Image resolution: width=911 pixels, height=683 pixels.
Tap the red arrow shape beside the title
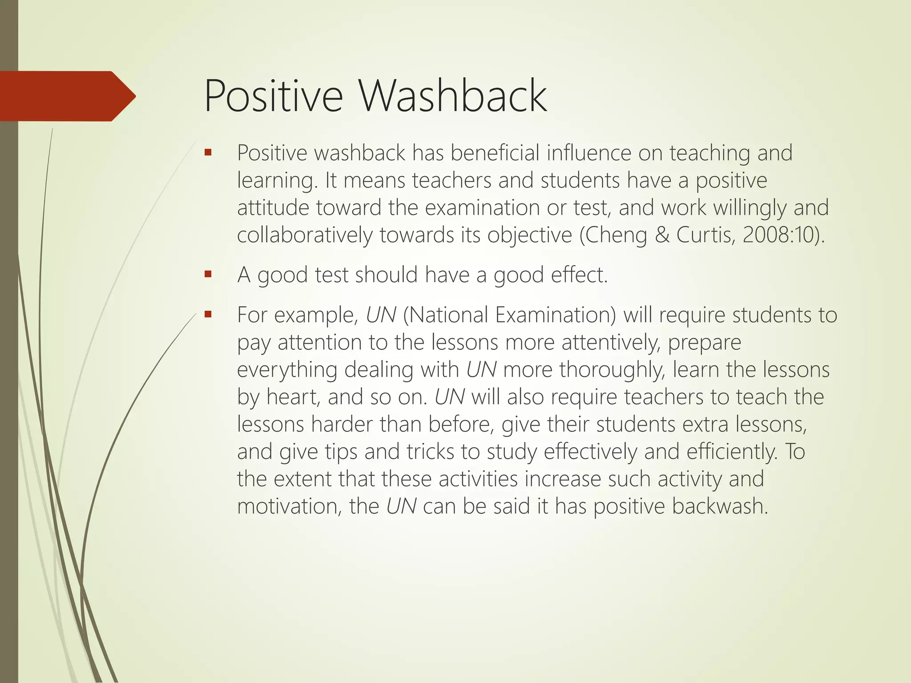[x=67, y=96]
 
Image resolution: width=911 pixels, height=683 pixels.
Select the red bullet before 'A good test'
[x=208, y=274]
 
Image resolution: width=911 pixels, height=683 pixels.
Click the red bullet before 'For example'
[x=208, y=314]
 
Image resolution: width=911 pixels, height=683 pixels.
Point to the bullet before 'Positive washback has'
[x=208, y=153]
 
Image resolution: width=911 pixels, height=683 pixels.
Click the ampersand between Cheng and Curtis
[x=662, y=235]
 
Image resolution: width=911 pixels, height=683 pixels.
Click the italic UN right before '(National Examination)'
[x=381, y=315]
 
